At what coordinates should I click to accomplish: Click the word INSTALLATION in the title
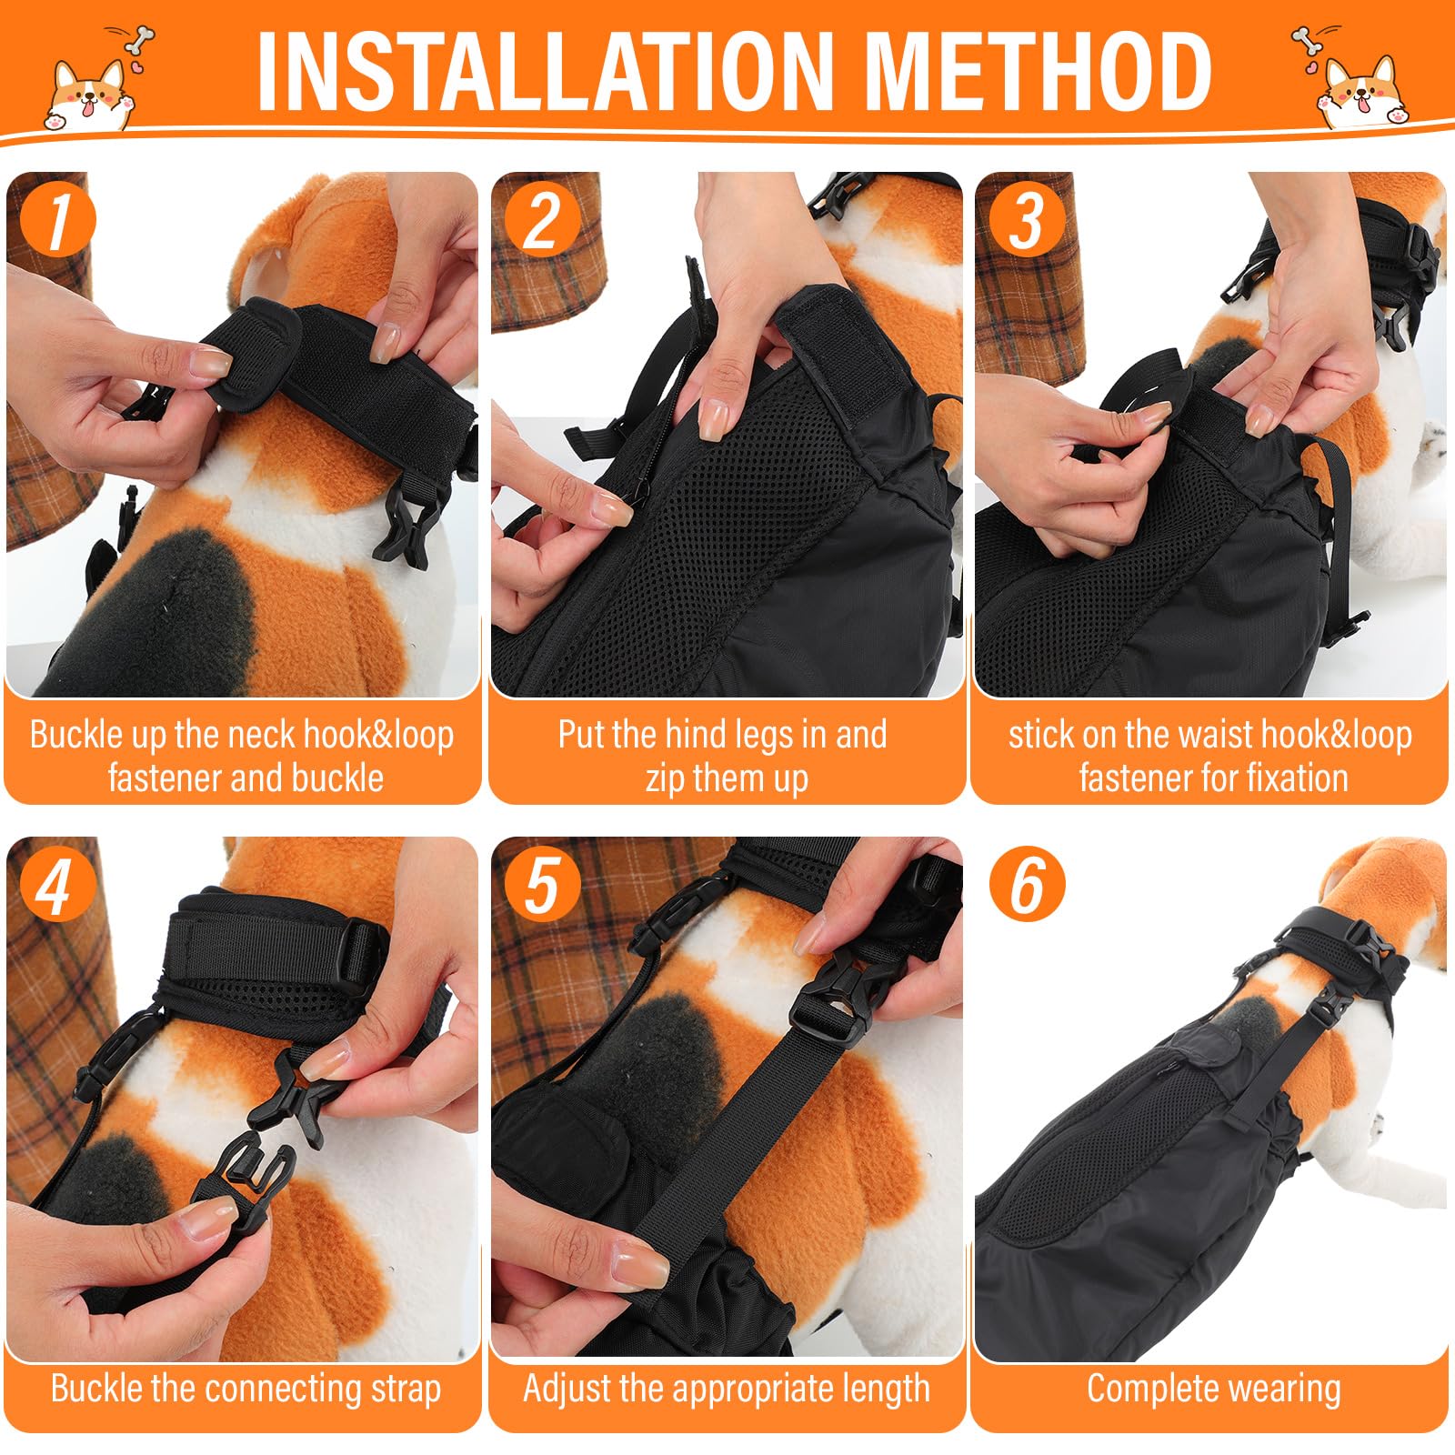545,71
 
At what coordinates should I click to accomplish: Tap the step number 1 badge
57,221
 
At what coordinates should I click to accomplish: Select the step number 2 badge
542,221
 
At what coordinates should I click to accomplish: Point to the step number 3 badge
1027,221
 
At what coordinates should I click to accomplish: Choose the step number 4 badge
57,886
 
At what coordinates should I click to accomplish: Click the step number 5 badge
542,886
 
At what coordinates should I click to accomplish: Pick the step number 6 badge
1027,886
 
